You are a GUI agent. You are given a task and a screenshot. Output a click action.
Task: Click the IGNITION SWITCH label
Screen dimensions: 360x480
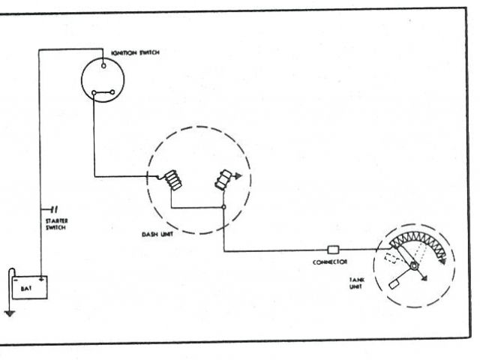coord(135,52)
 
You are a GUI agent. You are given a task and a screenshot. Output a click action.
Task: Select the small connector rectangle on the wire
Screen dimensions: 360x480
coord(334,249)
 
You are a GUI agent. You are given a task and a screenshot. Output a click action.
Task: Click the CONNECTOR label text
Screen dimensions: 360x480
coord(328,262)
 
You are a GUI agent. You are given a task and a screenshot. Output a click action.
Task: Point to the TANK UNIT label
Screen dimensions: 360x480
coord(356,283)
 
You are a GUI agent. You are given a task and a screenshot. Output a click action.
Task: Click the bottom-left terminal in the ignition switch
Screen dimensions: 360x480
coord(94,94)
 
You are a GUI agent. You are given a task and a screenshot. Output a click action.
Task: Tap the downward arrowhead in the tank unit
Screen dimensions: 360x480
coord(425,279)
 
